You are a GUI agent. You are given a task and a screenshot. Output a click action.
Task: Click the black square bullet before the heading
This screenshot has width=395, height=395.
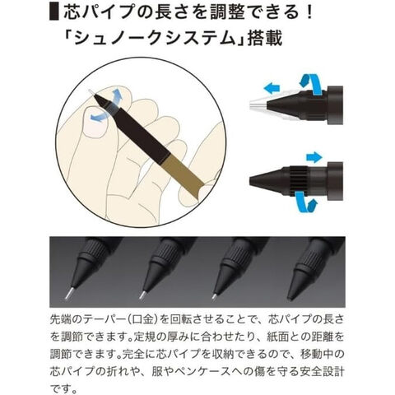point(54,12)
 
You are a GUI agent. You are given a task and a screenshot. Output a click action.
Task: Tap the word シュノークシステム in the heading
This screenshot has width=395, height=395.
point(156,39)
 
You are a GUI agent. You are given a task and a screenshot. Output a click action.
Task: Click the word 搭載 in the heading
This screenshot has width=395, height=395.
point(265,39)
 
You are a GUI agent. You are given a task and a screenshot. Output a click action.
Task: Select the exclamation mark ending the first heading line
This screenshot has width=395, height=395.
point(310,12)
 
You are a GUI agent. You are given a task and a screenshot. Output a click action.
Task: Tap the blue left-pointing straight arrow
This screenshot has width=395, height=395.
point(272,89)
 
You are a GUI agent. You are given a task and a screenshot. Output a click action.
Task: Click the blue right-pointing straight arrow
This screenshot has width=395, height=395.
point(314,157)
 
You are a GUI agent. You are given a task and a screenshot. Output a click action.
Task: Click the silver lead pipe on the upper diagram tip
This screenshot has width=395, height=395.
point(258,105)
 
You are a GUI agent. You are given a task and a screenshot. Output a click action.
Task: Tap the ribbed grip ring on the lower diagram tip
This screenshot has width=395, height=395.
point(298,181)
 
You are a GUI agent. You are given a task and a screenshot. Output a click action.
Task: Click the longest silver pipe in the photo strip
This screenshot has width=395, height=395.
point(70,293)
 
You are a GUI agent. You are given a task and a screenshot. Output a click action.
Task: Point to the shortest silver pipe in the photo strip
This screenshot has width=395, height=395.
point(215,295)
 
